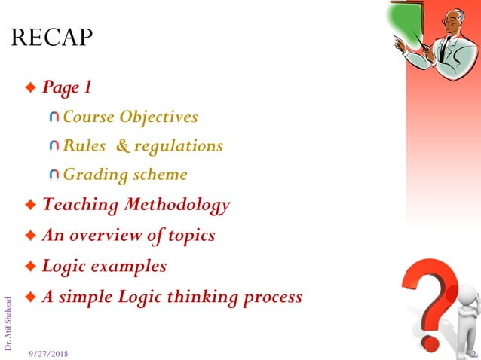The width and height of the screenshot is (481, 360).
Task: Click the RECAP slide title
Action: pyautogui.click(x=52, y=37)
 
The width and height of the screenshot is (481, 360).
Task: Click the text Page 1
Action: pyautogui.click(x=67, y=87)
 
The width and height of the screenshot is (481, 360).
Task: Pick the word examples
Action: pyautogui.click(x=129, y=266)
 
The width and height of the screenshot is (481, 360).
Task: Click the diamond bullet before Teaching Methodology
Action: pyautogui.click(x=30, y=205)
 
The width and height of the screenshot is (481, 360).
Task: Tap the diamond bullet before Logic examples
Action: pyautogui.click(x=30, y=267)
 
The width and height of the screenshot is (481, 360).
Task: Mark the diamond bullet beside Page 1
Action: pyautogui.click(x=30, y=88)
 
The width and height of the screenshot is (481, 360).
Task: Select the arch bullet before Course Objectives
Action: pyautogui.click(x=54, y=117)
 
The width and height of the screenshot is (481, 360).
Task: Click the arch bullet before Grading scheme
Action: pyautogui.click(x=54, y=175)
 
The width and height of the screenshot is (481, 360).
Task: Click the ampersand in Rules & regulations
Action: pyautogui.click(x=124, y=146)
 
